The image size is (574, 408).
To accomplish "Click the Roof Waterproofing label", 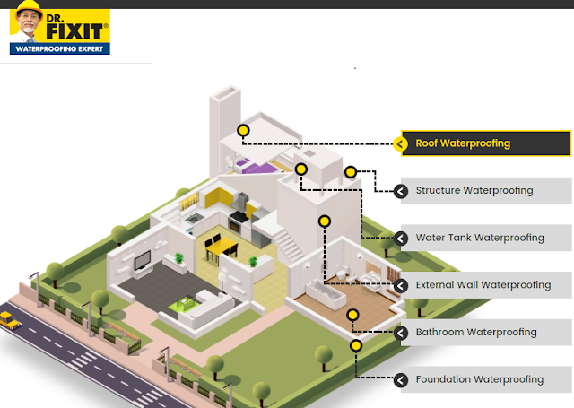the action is (x=463, y=143).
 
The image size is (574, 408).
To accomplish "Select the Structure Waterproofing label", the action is (x=474, y=191).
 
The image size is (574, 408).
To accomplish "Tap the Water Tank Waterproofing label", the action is (x=480, y=238).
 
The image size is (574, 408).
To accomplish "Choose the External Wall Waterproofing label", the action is (x=483, y=285).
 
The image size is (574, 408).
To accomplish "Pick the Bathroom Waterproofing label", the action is (x=476, y=333).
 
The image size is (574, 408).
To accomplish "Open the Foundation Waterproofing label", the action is (x=480, y=379).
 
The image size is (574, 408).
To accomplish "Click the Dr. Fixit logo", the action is (x=60, y=28).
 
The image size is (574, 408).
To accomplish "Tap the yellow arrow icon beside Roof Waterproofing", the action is (x=400, y=144).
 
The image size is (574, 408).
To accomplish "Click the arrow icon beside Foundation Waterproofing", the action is (x=401, y=380).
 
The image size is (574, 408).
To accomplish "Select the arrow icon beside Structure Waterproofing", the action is (x=401, y=191).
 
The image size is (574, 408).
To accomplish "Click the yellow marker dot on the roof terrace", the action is (x=243, y=130).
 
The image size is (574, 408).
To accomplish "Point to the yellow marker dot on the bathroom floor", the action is (x=352, y=315).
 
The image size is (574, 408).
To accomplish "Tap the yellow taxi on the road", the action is (x=9, y=320).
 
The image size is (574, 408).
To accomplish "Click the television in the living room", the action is (x=143, y=261).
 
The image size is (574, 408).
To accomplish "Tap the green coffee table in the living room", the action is (x=183, y=305).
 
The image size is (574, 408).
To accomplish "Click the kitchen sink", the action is (x=195, y=219).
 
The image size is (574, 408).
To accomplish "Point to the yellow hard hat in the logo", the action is (x=29, y=7).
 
